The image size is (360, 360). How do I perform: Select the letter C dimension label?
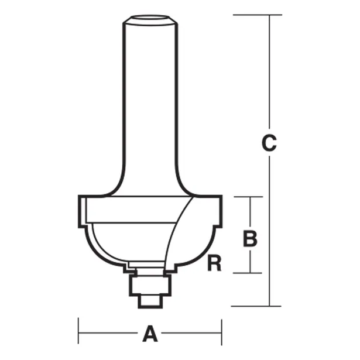(x=268, y=143)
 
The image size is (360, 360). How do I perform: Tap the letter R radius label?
(x=214, y=264)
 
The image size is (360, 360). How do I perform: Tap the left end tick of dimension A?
(x=79, y=334)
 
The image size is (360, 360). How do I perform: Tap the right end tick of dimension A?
(x=221, y=334)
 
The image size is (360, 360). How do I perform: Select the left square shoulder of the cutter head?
(x=83, y=211)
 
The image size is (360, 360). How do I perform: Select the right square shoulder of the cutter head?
(x=217, y=211)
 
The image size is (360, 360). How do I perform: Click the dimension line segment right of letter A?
(x=190, y=334)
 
